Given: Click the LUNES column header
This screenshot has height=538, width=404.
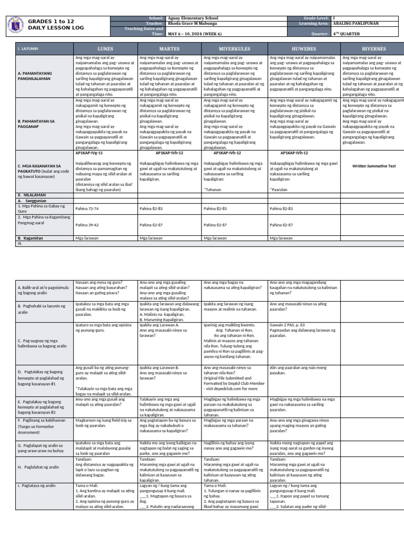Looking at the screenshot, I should pyautogui.click(x=105, y=49).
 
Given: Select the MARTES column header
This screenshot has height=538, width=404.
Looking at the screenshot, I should pyautogui.click(x=169, y=49).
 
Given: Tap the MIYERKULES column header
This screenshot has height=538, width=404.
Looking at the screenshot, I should pyautogui.click(x=234, y=49).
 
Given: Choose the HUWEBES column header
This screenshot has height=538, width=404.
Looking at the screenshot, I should pyautogui.click(x=304, y=49).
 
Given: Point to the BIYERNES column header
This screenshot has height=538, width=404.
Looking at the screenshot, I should pyautogui.click(x=373, y=49).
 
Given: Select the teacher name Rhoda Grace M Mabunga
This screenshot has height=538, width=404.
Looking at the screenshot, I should pyautogui.click(x=192, y=23).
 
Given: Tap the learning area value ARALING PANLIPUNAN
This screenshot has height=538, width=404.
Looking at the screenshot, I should pyautogui.click(x=355, y=23).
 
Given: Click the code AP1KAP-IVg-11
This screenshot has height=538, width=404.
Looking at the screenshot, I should pyautogui.click(x=89, y=152).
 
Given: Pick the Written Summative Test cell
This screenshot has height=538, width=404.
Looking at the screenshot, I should pyautogui.click(x=373, y=165).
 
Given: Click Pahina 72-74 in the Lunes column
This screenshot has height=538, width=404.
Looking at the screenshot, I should pyautogui.click(x=87, y=209).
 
